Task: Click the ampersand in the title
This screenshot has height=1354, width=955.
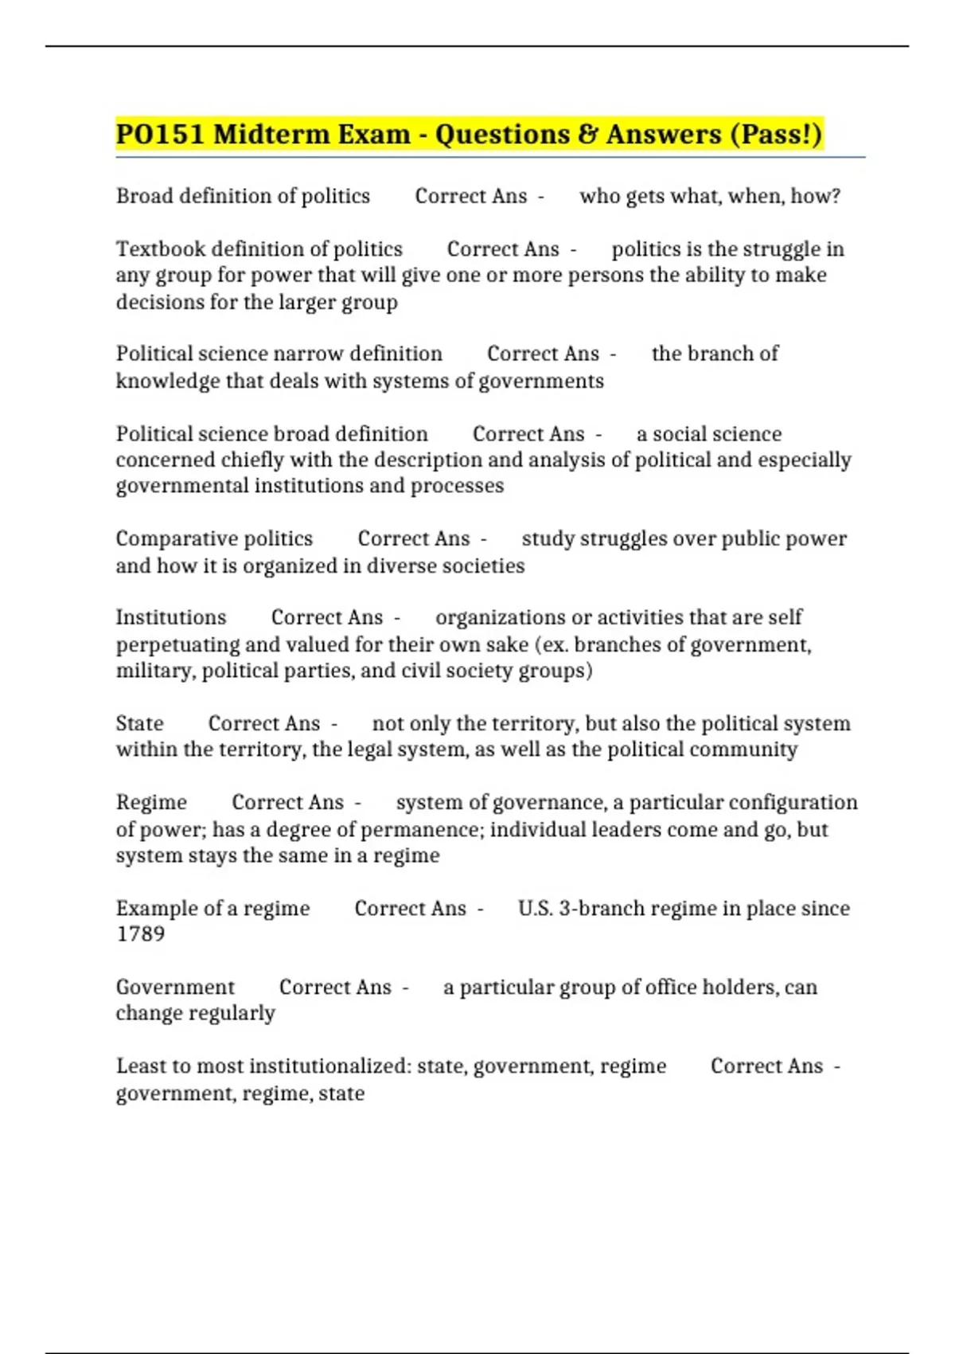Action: [x=587, y=134]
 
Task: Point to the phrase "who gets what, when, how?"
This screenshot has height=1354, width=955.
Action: [x=710, y=196]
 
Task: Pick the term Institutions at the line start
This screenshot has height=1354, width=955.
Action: [x=171, y=617]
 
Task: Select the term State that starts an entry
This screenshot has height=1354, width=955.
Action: [x=140, y=723]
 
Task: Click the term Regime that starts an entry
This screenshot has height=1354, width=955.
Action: [x=151, y=802]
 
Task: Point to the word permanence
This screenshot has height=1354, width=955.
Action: [x=421, y=829]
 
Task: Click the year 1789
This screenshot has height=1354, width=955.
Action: [x=140, y=934]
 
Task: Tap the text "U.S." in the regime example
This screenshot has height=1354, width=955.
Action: [x=536, y=908]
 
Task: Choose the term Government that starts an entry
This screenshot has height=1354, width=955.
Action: [x=175, y=987]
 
